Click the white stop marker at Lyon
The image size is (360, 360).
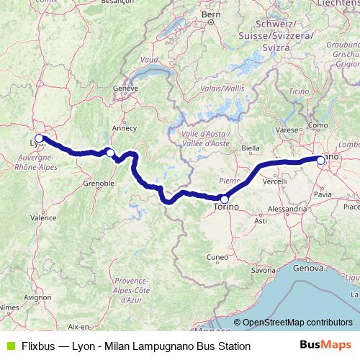point(39,138)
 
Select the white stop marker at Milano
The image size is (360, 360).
point(321,161)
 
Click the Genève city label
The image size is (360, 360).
point(125,88)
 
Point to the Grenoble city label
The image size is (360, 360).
point(99,184)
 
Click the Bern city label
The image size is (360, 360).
point(211,34)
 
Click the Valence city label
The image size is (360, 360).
point(44,217)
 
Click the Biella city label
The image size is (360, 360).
point(250,148)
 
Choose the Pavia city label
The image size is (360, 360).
point(323,194)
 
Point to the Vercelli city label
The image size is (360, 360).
point(275,181)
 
